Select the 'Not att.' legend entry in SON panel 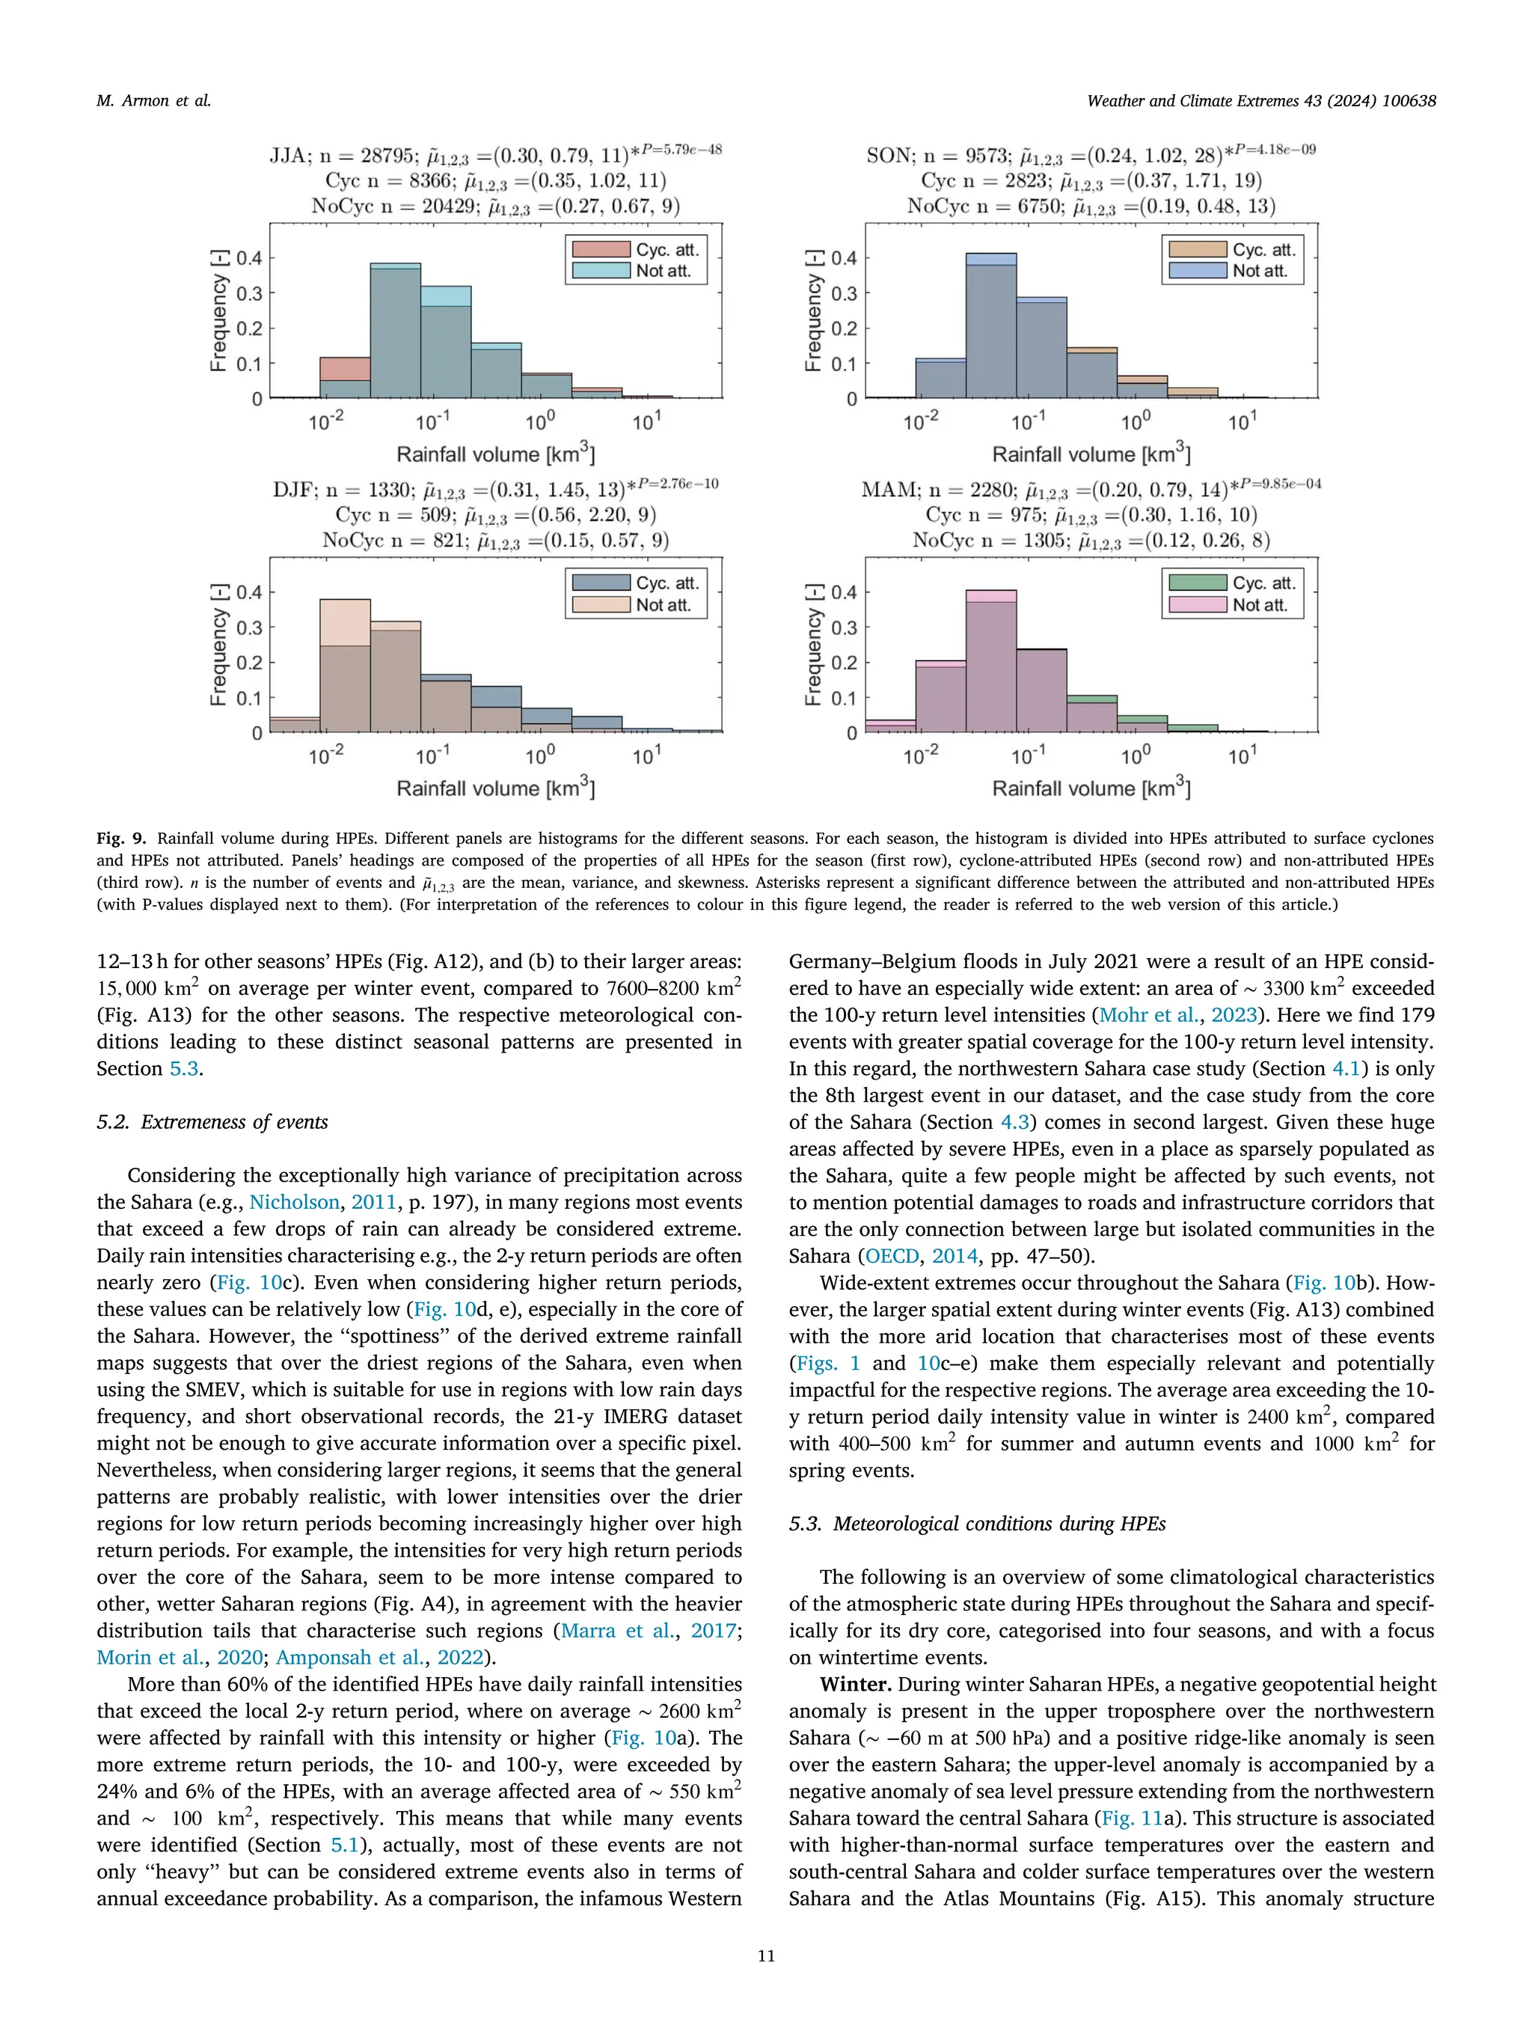[x=1260, y=271]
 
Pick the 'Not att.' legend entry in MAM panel [x=1260, y=605]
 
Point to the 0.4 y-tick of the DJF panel [x=248, y=592]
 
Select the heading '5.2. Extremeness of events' [x=212, y=1121]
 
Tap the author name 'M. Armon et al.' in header [x=153, y=101]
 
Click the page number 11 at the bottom [x=765, y=1956]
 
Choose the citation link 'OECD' [x=892, y=1255]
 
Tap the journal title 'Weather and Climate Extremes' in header [x=1192, y=101]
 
